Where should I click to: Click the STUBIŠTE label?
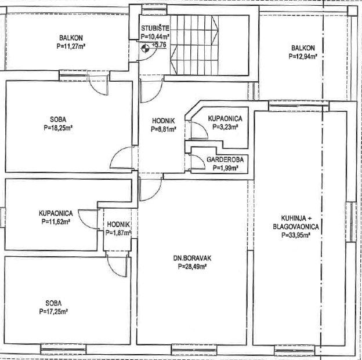click(155, 28)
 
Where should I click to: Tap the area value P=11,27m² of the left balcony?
click(71, 46)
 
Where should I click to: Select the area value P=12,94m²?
click(303, 57)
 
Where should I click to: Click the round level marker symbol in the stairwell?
click(145, 49)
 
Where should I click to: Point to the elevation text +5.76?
click(160, 45)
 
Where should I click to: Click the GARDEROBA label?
click(225, 159)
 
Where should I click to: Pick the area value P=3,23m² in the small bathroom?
click(225, 127)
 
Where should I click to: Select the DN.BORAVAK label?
click(192, 258)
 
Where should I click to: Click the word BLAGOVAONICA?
click(296, 227)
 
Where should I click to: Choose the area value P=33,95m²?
click(296, 235)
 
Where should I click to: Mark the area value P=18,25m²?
click(58, 128)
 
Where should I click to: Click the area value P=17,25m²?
click(53, 312)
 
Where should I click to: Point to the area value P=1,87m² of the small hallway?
click(118, 233)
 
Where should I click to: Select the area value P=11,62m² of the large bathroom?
click(56, 221)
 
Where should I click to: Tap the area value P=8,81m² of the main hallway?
click(164, 129)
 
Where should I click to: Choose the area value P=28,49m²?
click(192, 267)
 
